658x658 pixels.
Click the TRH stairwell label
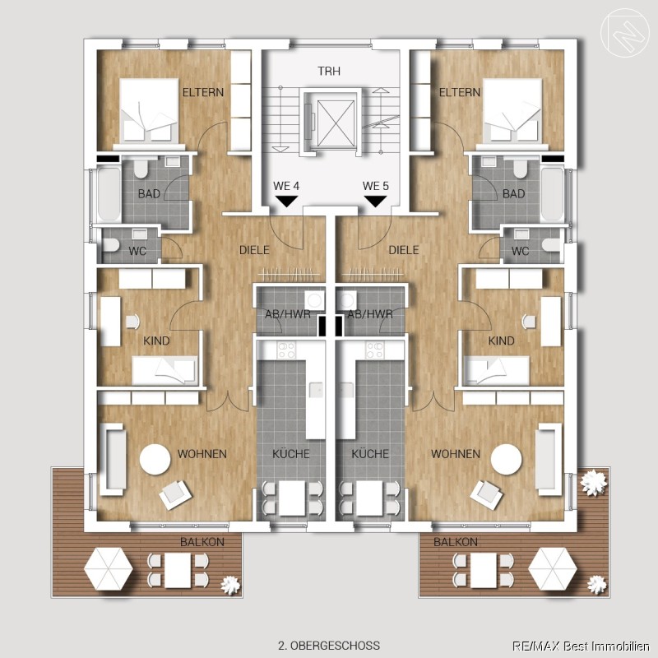tap(328, 71)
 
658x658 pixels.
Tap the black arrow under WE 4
tap(286, 201)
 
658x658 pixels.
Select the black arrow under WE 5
tap(375, 201)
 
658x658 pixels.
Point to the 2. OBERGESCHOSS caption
tap(328, 645)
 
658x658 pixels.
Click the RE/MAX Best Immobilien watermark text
tap(581, 646)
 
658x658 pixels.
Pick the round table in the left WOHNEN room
tap(155, 459)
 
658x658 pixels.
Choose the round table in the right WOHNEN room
tap(506, 459)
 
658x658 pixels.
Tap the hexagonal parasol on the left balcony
tap(109, 569)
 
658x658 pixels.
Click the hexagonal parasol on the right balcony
tap(553, 569)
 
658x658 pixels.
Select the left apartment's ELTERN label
tap(202, 92)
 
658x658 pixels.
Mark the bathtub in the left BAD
tap(109, 194)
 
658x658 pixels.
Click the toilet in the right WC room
tap(550, 245)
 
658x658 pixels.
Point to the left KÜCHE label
tap(291, 454)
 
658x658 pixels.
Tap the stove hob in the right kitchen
tap(374, 350)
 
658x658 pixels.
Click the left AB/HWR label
tap(287, 314)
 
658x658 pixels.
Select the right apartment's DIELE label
tap(404, 250)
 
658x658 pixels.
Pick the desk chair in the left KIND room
tap(132, 322)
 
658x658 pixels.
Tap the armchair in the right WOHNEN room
tap(486, 495)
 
